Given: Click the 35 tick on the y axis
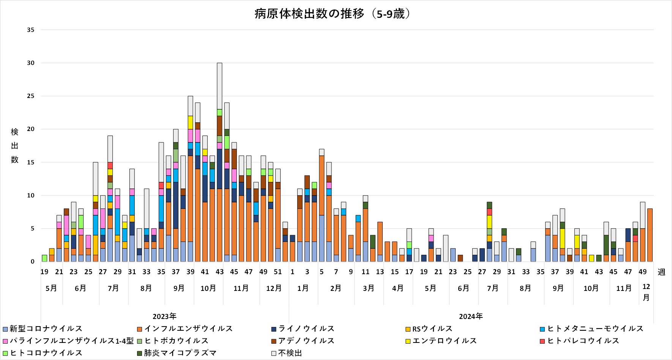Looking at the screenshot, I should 30,30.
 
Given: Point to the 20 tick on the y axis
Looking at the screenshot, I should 30,129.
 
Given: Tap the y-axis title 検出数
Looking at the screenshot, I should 14,146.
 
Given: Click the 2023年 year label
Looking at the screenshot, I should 164,317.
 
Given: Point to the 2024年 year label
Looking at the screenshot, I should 471,317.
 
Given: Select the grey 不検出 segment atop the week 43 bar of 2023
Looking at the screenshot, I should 219,86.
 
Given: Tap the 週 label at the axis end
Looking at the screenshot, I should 661,272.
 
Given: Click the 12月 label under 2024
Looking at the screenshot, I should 646,292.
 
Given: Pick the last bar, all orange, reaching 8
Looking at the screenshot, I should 650,235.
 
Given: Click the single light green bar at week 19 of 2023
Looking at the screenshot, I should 44,258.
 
